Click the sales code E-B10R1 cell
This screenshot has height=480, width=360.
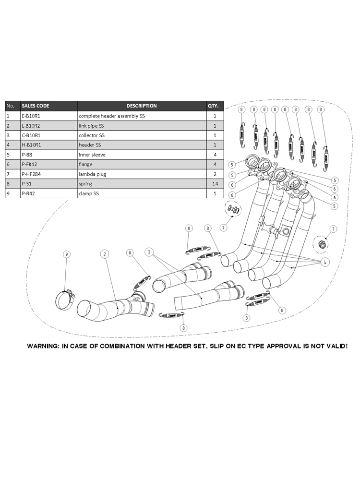click(x=32, y=116)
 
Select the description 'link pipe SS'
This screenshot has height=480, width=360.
click(x=91, y=126)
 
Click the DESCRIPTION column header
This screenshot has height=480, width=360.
click(x=141, y=106)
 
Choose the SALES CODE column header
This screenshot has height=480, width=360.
click(x=36, y=106)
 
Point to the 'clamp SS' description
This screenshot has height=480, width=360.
click(x=89, y=193)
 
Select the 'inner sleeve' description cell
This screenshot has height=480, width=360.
click(x=92, y=155)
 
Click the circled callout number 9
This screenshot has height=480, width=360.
click(x=67, y=254)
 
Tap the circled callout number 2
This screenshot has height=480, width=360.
click(x=104, y=254)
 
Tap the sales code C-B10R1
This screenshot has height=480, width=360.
click(x=32, y=135)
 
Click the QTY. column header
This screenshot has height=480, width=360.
click(x=213, y=106)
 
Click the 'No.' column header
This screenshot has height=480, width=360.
click(x=12, y=106)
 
